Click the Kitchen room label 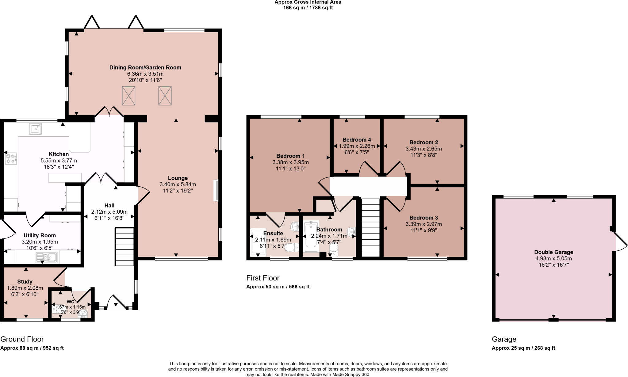click(x=59, y=154)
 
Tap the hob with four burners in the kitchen click(x=11, y=158)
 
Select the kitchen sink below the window click(x=35, y=129)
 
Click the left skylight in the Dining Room click(x=128, y=96)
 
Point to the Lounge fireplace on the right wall click(x=216, y=190)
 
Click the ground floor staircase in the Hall click(x=124, y=246)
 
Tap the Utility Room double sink click(x=46, y=257)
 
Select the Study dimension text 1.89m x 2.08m click(x=25, y=288)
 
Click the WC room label click(x=71, y=302)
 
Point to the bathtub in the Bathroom click(x=311, y=236)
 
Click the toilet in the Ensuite click(x=291, y=247)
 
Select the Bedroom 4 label click(x=357, y=140)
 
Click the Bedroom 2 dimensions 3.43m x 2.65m click(x=423, y=149)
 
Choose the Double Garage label click(x=553, y=252)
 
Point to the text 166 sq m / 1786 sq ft click(x=308, y=8)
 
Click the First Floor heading click(x=263, y=278)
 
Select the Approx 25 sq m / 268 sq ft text click(x=523, y=348)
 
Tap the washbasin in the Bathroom click(x=351, y=230)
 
